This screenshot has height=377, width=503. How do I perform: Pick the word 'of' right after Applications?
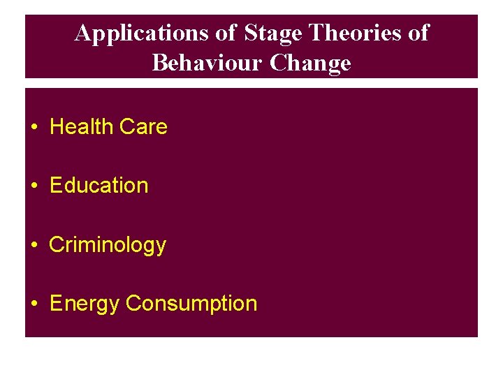click(x=228, y=33)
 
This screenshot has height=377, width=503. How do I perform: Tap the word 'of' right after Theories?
click(x=418, y=33)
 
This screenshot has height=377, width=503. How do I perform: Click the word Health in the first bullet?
click(x=82, y=127)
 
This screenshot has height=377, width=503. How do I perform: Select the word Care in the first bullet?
click(x=143, y=127)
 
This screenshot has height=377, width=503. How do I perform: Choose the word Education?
click(x=99, y=186)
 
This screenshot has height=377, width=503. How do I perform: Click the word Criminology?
click(x=108, y=246)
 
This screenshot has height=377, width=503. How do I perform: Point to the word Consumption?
click(x=191, y=304)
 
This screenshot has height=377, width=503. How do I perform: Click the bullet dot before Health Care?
click(x=34, y=128)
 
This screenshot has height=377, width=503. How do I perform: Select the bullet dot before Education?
click(x=34, y=186)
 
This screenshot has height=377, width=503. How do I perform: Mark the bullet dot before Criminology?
click(x=34, y=246)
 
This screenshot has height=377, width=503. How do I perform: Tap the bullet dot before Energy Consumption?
click(x=34, y=304)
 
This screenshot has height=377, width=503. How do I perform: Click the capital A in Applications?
click(x=82, y=33)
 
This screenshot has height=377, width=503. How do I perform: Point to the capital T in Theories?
click(x=315, y=33)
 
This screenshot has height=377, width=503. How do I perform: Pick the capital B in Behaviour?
click(x=159, y=64)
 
